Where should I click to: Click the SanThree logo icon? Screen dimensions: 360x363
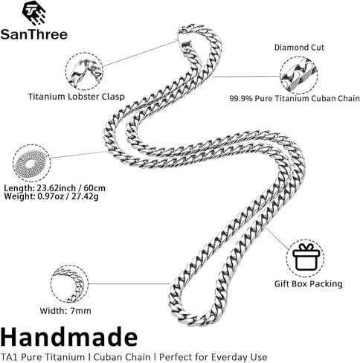point(33,13)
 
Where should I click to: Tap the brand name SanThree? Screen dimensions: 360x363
point(34,34)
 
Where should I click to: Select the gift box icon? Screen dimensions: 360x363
point(306,257)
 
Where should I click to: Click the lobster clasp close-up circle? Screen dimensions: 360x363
point(84,71)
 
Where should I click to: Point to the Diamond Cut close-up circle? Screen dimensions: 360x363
point(299,76)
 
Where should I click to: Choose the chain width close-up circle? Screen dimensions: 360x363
point(69,284)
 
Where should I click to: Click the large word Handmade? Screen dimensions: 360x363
point(69,337)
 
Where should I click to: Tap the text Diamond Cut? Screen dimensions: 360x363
point(299,48)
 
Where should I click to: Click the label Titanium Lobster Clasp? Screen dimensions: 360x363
point(76,97)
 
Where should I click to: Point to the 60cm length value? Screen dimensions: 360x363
point(94,188)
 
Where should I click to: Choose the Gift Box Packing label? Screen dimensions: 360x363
point(308,283)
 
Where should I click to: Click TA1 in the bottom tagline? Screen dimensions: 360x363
point(10,357)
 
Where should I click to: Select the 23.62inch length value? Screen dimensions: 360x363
point(57,188)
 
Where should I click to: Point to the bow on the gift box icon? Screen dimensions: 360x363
point(306,247)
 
